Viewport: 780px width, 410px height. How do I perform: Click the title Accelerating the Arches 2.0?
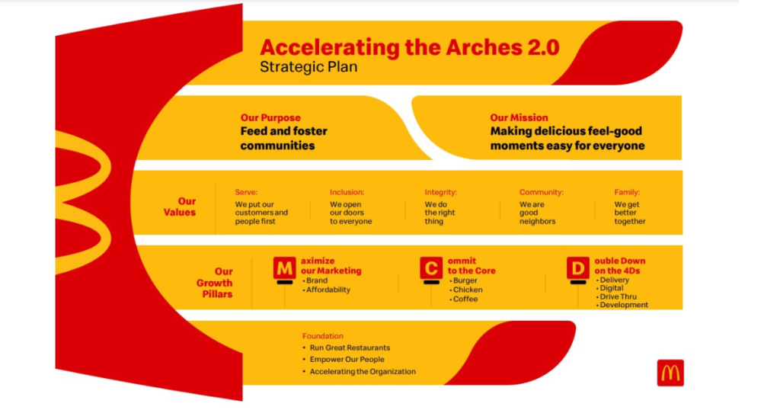click(x=410, y=47)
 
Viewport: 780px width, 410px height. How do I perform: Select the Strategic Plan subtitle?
click(x=308, y=67)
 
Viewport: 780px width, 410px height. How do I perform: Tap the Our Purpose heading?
click(x=270, y=118)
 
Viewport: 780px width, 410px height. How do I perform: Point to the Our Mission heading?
click(x=519, y=118)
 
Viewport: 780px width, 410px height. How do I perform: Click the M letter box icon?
click(x=284, y=268)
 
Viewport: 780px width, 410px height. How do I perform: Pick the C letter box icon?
click(x=431, y=268)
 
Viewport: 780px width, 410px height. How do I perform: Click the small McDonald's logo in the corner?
click(x=670, y=373)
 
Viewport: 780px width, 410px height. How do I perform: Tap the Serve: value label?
click(x=246, y=193)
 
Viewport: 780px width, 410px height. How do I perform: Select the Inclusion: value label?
click(x=347, y=193)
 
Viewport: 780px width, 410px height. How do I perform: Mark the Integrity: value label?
click(x=440, y=193)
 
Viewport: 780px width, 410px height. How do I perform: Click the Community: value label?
click(x=541, y=193)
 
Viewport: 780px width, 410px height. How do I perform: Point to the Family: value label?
click(x=627, y=193)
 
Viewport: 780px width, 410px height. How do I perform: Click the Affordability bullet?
click(x=328, y=290)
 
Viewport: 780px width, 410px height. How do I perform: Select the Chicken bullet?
click(x=467, y=290)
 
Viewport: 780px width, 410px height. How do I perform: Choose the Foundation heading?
click(x=322, y=336)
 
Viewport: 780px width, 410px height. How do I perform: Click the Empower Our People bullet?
click(x=347, y=360)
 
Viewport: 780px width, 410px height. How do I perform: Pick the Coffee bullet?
click(x=465, y=299)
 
